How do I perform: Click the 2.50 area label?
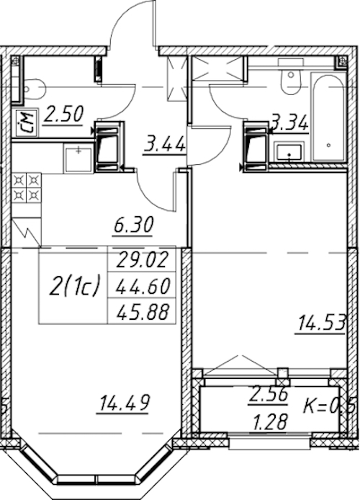tap(63, 114)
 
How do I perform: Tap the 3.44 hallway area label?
tap(164, 145)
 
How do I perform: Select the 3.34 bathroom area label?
tap(289, 123)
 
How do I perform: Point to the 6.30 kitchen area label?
tap(134, 225)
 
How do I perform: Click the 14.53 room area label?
tap(321, 323)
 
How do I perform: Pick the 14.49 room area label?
tap(124, 403)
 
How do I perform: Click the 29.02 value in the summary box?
tap(142, 259)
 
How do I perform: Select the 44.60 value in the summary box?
tap(143, 286)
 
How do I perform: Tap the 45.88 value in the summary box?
tap(143, 312)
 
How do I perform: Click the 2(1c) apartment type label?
tap(75, 286)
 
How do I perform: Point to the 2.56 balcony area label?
tap(269, 396)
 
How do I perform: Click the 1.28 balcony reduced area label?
tap(270, 421)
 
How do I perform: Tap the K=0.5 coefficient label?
tap(329, 406)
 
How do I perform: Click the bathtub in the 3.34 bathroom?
tap(328, 117)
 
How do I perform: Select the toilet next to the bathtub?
tap(291, 77)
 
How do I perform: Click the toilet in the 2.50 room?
tap(34, 89)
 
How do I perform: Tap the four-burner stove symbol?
tap(27, 188)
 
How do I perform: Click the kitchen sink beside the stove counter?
tap(79, 159)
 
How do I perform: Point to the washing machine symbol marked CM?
tap(27, 123)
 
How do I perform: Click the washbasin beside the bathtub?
tap(289, 152)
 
